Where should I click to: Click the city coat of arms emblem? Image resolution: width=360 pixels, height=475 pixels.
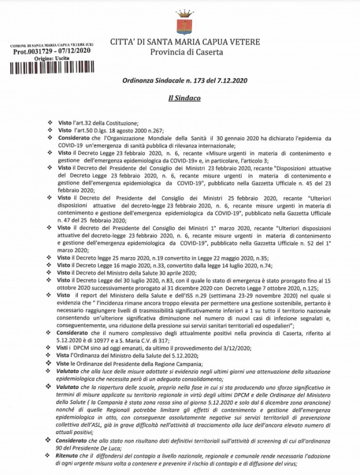[x=180, y=24]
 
